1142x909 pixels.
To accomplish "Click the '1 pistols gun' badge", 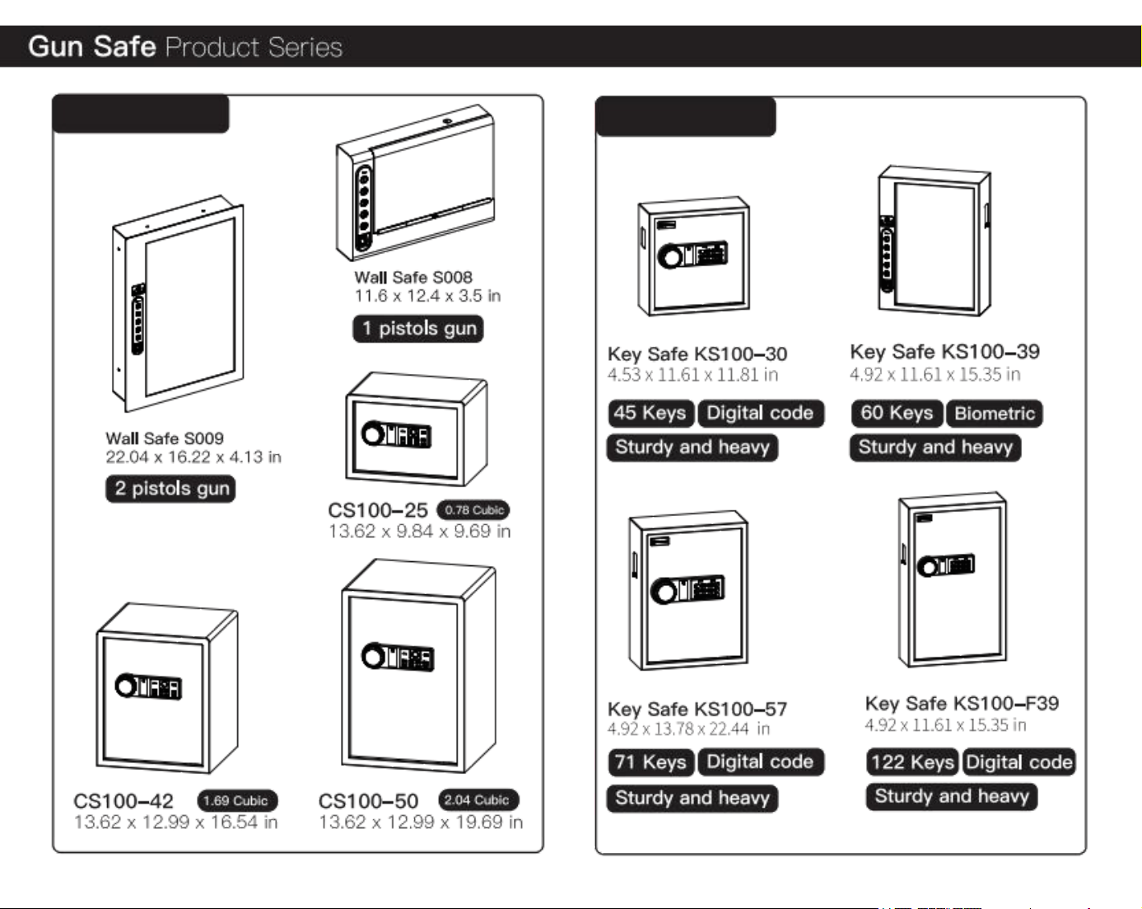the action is click(418, 328).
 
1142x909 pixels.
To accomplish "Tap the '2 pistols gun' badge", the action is click(170, 488).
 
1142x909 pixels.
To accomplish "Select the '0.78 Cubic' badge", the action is click(473, 510).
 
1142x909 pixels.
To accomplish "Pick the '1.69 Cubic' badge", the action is click(237, 800).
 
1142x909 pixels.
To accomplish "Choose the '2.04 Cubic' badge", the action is click(478, 799).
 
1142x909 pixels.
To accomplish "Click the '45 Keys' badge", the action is click(650, 413).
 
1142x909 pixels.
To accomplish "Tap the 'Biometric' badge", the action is click(995, 414).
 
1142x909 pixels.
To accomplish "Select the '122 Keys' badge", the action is click(912, 762).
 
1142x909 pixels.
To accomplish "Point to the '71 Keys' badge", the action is click(650, 762).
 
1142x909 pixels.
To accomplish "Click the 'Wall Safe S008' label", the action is click(413, 278).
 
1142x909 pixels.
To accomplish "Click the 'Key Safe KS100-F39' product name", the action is click(962, 704).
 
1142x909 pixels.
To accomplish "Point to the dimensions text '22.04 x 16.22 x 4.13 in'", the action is click(193, 457).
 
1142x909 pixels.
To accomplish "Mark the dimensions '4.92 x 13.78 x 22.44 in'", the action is click(688, 729).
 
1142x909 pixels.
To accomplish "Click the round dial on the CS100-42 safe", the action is click(126, 686).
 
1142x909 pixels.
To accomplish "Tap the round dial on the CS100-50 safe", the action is click(373, 656).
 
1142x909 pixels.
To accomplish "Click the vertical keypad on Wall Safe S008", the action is click(363, 207).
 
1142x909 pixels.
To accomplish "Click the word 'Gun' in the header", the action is click(56, 47).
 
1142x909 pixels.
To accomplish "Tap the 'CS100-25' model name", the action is click(377, 511).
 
